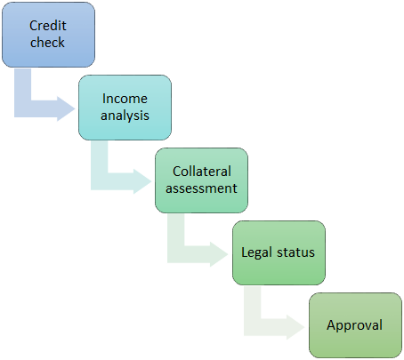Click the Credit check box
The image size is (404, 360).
[48, 35]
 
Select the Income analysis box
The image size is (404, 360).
[125, 108]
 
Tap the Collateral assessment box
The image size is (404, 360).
[201, 180]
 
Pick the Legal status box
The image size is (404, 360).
[279, 252]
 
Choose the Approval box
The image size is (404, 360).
[355, 325]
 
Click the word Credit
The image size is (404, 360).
[48, 26]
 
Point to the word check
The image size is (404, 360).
[47, 42]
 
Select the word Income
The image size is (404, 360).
[125, 99]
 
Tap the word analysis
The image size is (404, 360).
[125, 116]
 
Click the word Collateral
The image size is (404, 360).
[202, 172]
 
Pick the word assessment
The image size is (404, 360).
[201, 188]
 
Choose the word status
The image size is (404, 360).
[295, 252]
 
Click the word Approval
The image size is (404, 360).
[354, 325]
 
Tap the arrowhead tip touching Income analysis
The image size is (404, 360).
[76, 108]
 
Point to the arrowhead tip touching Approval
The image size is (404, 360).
[305, 327]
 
